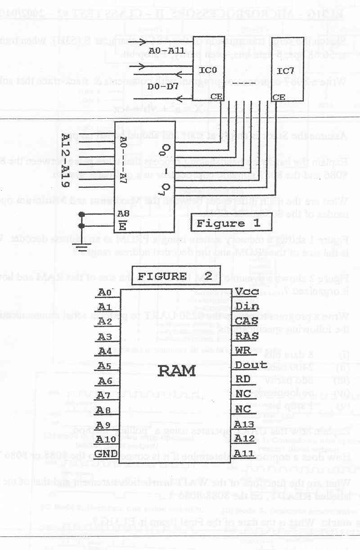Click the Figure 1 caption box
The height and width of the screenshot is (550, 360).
[x=222, y=223]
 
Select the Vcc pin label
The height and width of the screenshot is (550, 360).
[x=247, y=292]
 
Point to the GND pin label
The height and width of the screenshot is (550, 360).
[x=107, y=452]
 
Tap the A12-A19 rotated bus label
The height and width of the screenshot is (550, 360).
[x=66, y=161]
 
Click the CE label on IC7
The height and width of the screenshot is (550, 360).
[x=279, y=97]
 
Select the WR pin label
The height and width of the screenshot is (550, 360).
[x=243, y=350]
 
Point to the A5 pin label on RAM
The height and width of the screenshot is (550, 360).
[x=105, y=365]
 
